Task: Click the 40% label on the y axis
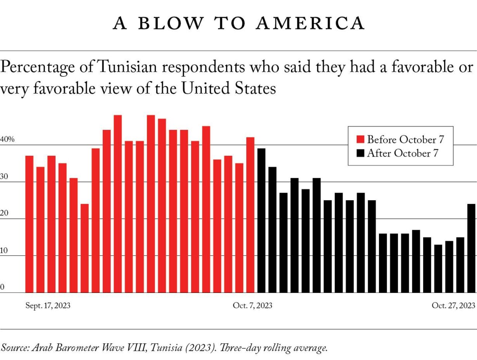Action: point(7,140)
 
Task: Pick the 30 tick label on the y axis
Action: point(4,176)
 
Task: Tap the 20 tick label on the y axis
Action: point(4,213)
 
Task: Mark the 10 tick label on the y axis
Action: point(4,250)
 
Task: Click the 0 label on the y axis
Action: point(2,287)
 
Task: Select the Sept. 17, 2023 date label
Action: point(48,306)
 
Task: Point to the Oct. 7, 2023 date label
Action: point(252,306)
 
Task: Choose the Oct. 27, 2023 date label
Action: point(453,306)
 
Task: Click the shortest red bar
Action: point(85,248)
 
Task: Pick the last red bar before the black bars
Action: point(251,215)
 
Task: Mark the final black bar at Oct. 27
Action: point(471,248)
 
